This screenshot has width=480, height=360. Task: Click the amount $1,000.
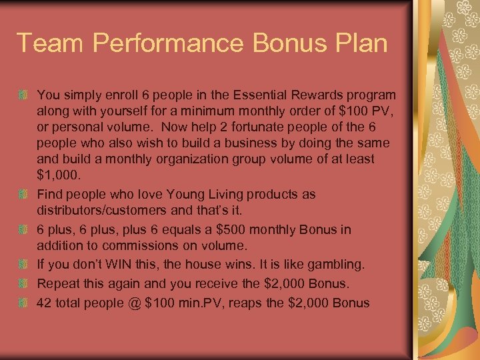(x=58, y=176)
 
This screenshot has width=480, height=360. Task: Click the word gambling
(x=338, y=265)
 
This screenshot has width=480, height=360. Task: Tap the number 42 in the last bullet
(x=44, y=303)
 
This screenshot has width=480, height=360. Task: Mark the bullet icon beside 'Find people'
(x=25, y=194)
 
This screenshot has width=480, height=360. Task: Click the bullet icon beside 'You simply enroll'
(x=25, y=95)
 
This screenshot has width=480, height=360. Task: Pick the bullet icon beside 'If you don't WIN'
(x=25, y=265)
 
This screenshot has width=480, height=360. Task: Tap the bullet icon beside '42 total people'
(x=25, y=303)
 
